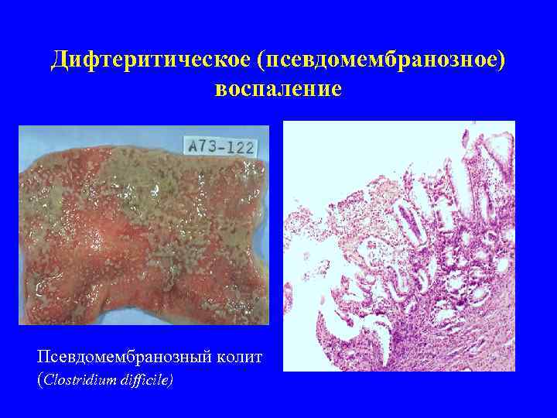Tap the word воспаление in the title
pos(278,89)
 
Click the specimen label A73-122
pos(220,146)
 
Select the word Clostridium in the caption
pos(80,380)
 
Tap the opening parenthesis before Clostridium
pos(39,380)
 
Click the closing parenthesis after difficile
pos(172,380)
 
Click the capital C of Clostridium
pos(48,380)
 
